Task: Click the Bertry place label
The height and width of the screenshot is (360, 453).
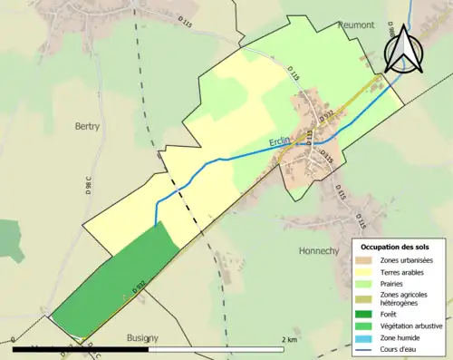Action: [x=89, y=128]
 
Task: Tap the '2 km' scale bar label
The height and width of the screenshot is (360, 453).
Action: [x=289, y=340]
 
